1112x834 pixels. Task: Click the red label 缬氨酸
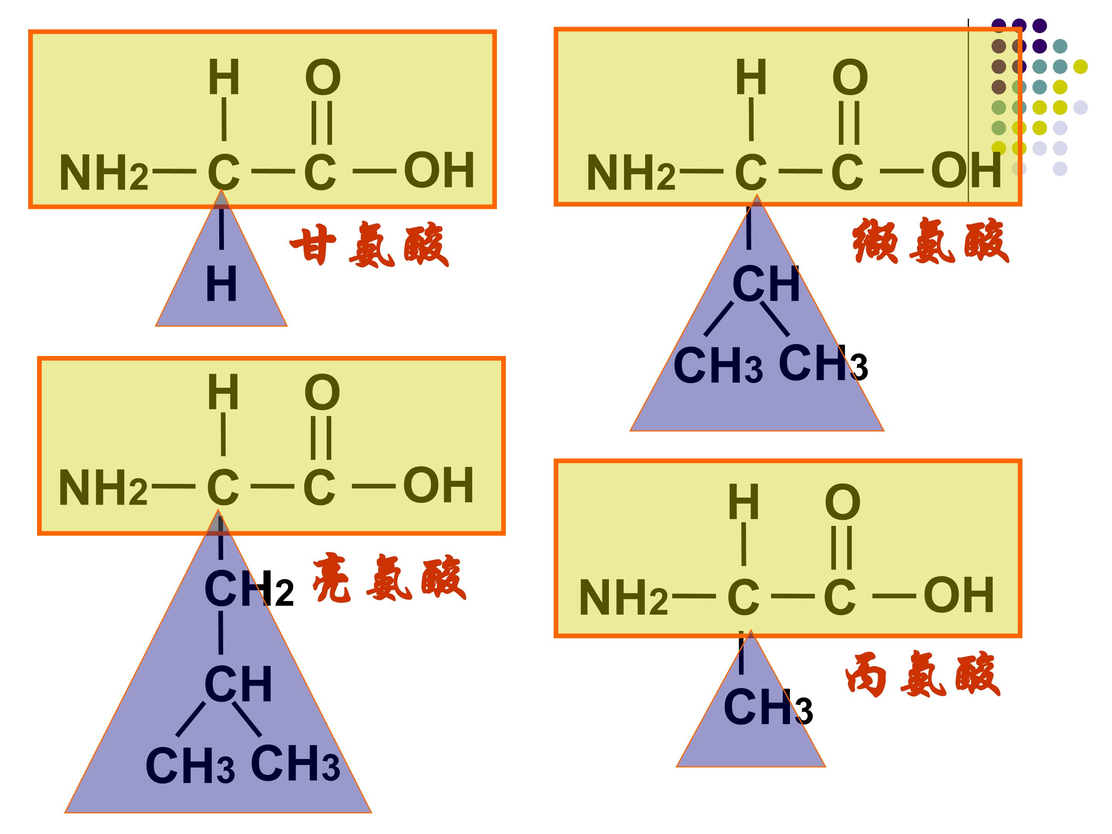tap(931, 241)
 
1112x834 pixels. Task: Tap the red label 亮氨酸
tap(390, 578)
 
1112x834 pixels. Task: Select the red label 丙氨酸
tap(923, 674)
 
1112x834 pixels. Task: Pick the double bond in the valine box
tap(849, 123)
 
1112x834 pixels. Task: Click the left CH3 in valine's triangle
tap(718, 366)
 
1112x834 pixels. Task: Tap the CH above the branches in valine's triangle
tap(766, 284)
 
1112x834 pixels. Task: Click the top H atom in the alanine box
tap(744, 502)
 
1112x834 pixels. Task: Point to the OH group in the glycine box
tap(439, 170)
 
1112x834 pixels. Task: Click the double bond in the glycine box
tap(322, 123)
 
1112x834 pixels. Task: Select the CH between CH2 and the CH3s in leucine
tap(238, 684)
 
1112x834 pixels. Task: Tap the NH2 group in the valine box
tap(631, 173)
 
